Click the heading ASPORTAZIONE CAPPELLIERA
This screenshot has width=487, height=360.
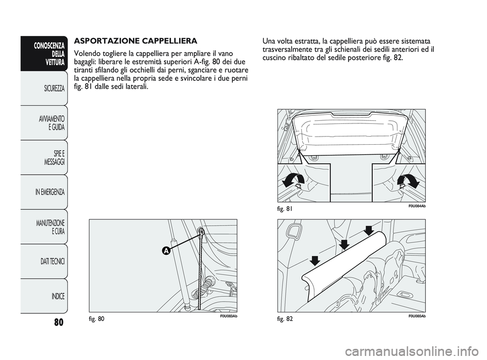click(x=135, y=40)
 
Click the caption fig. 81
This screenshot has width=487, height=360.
click(x=287, y=209)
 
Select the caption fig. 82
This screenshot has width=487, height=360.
click(x=287, y=319)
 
